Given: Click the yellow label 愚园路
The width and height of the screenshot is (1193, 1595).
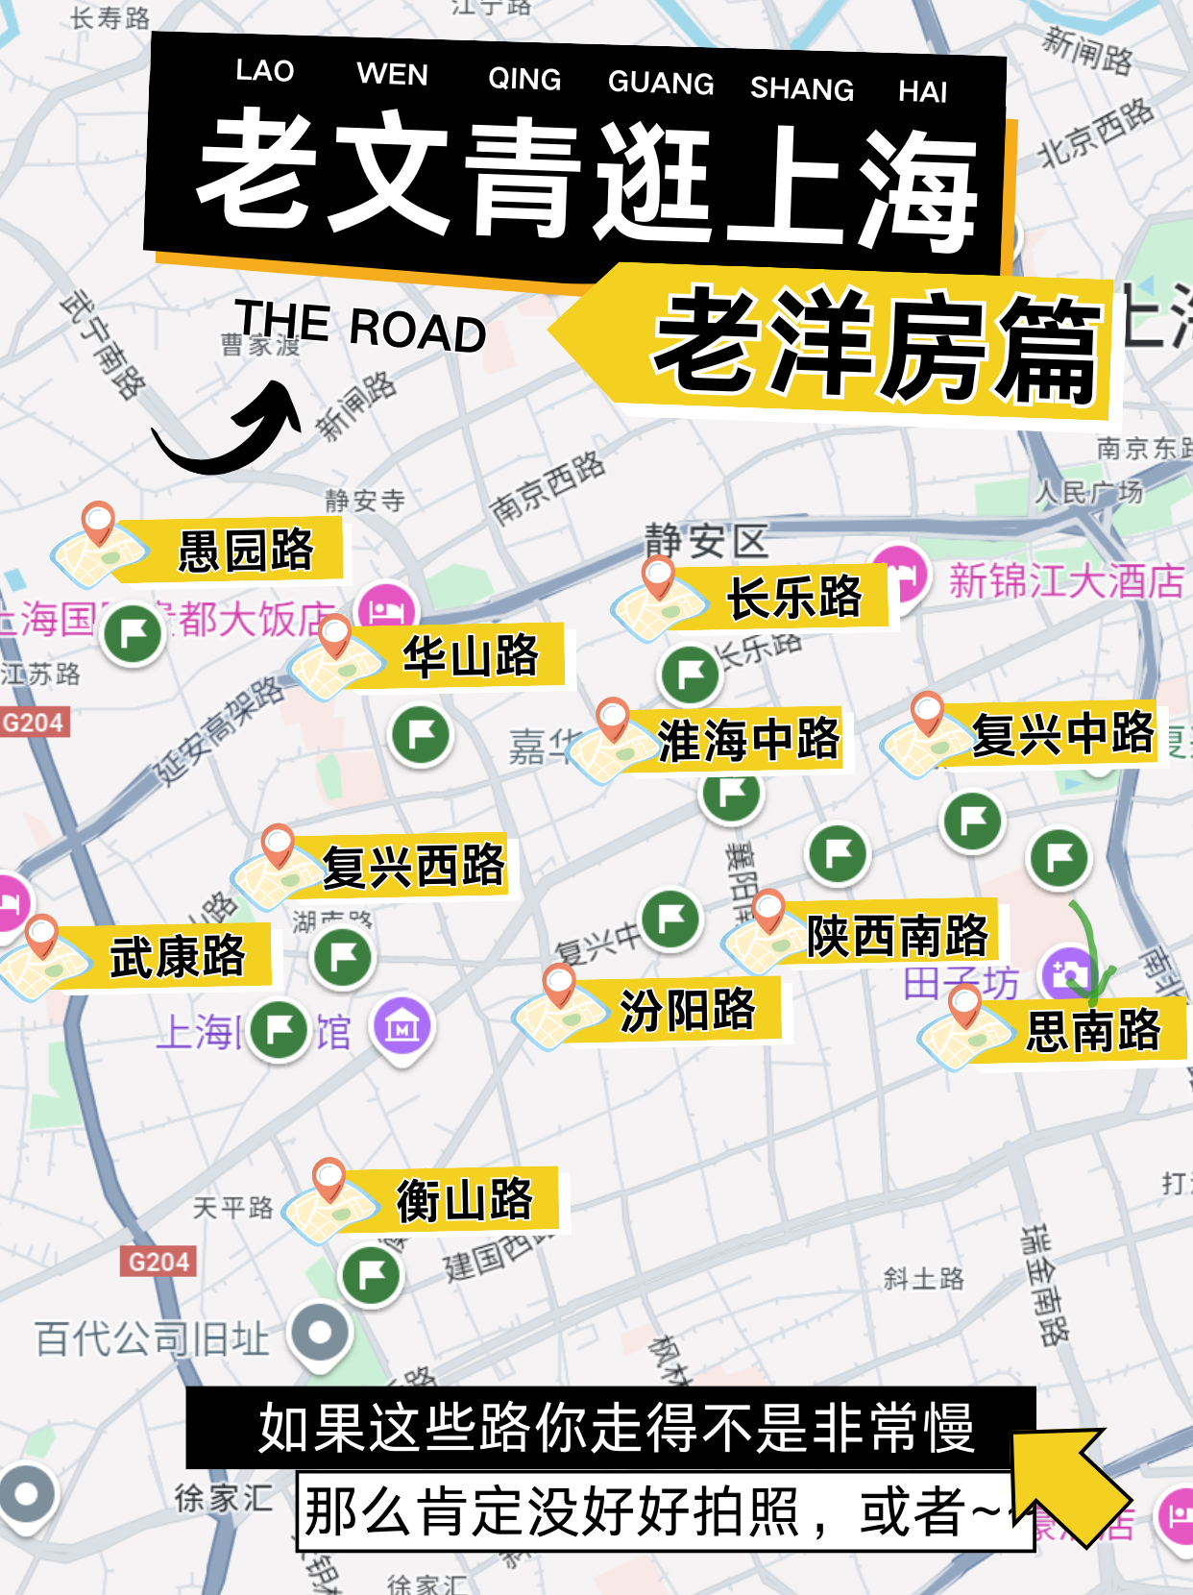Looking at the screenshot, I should (x=245, y=551).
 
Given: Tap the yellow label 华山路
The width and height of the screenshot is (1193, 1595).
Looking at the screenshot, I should (x=471, y=657).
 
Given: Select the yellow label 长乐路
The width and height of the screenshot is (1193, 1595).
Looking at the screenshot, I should (x=793, y=598).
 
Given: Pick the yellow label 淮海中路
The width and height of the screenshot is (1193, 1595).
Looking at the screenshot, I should (x=747, y=740).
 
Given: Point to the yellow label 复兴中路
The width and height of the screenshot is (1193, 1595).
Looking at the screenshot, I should (x=1061, y=734).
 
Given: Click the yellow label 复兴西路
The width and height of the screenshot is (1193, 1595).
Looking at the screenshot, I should (x=413, y=866).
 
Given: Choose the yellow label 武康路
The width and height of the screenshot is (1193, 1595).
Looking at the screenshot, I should (x=178, y=956).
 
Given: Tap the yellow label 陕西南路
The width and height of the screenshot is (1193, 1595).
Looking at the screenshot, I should (x=896, y=935).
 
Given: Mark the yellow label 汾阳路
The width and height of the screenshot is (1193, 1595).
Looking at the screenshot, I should (x=688, y=1010).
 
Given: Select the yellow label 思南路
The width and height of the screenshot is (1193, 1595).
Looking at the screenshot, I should (x=1093, y=1031).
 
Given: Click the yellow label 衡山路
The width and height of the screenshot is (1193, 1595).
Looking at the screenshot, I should (x=465, y=1200).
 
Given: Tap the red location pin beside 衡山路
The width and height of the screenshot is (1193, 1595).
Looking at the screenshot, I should (x=329, y=1178).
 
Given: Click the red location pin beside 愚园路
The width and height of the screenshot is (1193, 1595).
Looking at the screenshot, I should (x=98, y=522).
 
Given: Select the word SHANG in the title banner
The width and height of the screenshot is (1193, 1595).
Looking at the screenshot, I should (x=802, y=88).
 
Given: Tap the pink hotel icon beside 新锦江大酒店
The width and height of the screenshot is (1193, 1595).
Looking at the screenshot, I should (x=900, y=574).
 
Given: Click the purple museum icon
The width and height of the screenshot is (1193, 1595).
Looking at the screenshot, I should (x=402, y=1027).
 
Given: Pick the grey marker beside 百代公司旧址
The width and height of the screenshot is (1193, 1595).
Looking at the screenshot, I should (x=321, y=1334).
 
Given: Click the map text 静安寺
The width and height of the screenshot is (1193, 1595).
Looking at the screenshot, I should (x=365, y=500).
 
